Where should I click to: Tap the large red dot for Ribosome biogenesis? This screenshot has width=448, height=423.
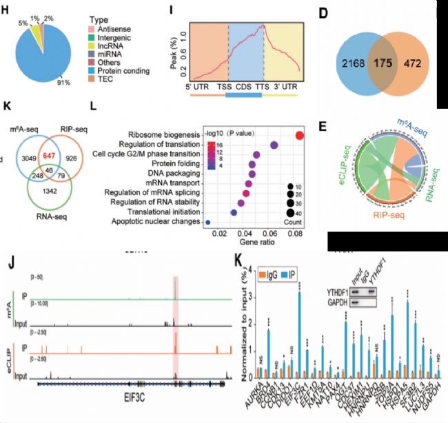(299, 134)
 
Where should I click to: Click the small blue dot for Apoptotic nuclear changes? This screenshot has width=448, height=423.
(208, 222)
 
